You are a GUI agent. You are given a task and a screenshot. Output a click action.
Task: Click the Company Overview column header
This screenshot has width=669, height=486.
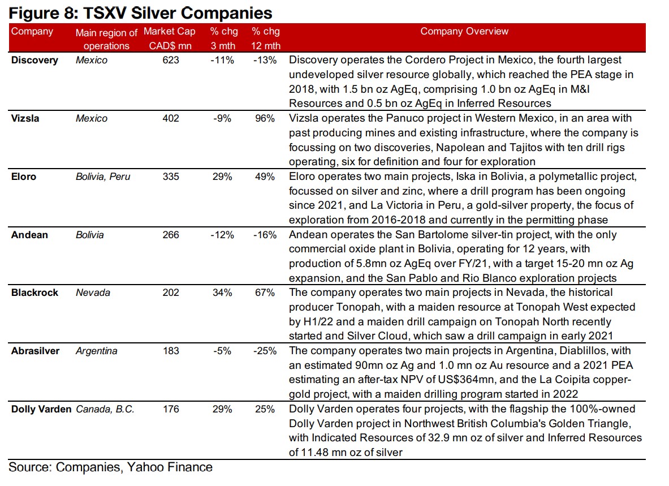pyautogui.click(x=464, y=32)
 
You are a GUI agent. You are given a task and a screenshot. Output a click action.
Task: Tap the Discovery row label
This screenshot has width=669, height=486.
pyautogui.click(x=34, y=60)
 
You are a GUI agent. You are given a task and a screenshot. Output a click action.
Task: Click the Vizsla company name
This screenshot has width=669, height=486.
pyautogui.click(x=25, y=118)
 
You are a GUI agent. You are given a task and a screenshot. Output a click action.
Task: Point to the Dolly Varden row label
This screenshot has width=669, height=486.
pyautogui.click(x=42, y=409)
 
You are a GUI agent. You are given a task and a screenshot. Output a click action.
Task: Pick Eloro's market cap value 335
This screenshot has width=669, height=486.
pyautogui.click(x=170, y=177)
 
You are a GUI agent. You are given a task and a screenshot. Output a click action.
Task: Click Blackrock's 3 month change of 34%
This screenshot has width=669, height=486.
pyautogui.click(x=222, y=293)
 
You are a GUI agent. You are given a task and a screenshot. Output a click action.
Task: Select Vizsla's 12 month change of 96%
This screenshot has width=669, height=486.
pyautogui.click(x=264, y=118)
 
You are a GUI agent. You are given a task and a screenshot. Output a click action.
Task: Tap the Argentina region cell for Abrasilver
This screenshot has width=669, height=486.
pyautogui.click(x=97, y=351)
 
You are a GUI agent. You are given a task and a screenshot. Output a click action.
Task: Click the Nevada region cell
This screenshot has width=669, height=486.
pyautogui.click(x=93, y=293)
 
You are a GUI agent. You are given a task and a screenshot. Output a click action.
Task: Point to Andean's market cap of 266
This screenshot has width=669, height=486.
pyautogui.click(x=170, y=234)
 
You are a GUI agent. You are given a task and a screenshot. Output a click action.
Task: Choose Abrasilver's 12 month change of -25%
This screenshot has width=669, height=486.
pyautogui.click(x=264, y=351)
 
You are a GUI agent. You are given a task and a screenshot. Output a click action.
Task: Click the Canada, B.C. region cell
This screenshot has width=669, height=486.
pyautogui.click(x=105, y=409)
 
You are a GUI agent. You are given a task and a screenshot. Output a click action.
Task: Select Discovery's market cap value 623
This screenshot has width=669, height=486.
pyautogui.click(x=170, y=60)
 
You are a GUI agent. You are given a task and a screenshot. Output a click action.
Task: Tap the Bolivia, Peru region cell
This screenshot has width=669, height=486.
pyautogui.click(x=103, y=177)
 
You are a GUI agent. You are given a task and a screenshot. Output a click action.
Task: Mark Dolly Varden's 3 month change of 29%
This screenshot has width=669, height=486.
pyautogui.click(x=222, y=409)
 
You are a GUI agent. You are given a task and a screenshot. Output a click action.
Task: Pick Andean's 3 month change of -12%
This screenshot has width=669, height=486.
pyautogui.click(x=221, y=234)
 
